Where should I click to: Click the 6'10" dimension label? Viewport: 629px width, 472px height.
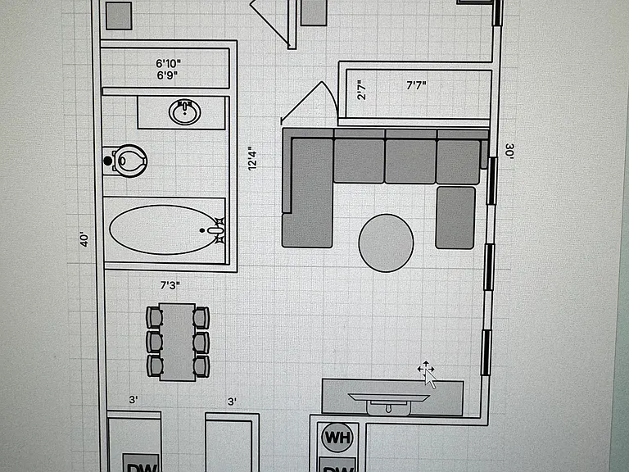coord(168,63)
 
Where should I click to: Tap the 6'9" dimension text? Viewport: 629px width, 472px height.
coord(167,75)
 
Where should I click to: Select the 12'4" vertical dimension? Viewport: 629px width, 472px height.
coord(252,158)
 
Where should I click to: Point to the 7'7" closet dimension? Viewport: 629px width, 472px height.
coord(416,85)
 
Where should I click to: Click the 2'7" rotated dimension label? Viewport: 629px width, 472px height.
coord(361,90)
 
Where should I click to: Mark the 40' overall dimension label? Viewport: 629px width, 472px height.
coord(84,239)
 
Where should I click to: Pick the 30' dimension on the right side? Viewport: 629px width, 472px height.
coord(509,152)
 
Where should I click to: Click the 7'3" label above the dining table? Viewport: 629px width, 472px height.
coord(170,285)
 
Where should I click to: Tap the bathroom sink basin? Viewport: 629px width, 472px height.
coord(185,112)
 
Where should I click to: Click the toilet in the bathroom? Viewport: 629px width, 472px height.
coord(125,161)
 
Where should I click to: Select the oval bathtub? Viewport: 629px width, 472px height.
coord(165,230)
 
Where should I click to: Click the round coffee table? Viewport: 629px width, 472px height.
coord(386,243)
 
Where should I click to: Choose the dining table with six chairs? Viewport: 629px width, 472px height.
coord(178,342)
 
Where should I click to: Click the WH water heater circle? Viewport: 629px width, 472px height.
coord(337,438)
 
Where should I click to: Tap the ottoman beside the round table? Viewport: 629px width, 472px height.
coord(455,217)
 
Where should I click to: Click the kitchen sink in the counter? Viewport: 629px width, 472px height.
coord(389,404)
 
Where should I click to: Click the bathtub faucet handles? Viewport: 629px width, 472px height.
coord(219,230)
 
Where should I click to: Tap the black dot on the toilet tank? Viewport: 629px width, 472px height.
coord(108,161)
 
